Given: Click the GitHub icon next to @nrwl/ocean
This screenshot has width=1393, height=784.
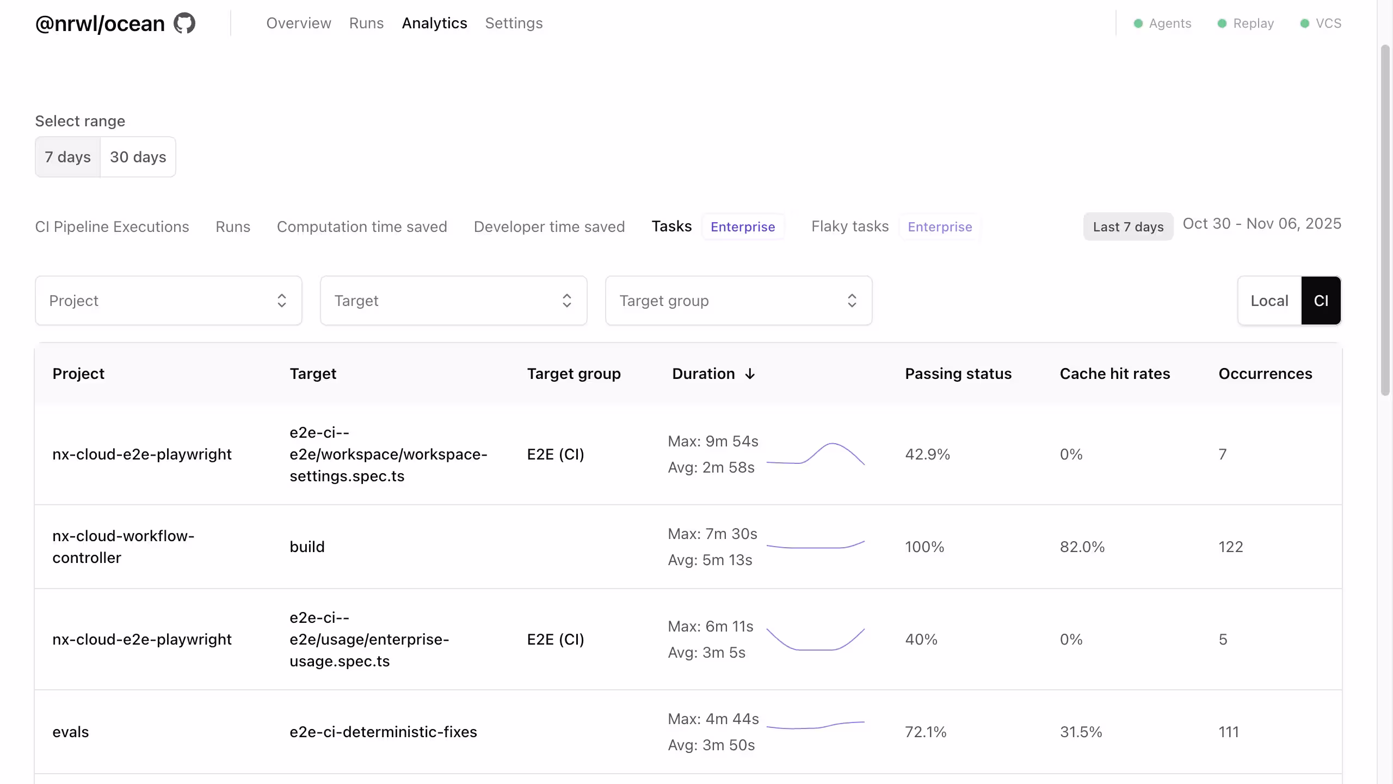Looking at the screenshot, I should tap(184, 23).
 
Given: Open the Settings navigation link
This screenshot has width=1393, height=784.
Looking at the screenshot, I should tap(514, 23).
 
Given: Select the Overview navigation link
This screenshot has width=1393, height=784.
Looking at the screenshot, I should tap(298, 23).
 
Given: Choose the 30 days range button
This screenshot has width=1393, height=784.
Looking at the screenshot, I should tap(138, 157).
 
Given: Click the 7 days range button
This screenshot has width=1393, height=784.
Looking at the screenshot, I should tap(67, 157).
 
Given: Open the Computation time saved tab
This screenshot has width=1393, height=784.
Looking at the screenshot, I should tap(361, 226).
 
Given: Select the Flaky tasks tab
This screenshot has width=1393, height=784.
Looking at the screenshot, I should tap(849, 226).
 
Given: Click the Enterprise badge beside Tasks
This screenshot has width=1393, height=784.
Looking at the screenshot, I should tap(742, 227).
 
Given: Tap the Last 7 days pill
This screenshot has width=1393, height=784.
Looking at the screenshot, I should tap(1128, 227).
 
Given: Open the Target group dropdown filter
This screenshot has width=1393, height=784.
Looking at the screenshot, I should tap(738, 301).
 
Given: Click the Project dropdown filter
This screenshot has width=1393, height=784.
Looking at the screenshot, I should tap(168, 301).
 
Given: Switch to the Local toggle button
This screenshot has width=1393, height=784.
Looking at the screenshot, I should tap(1269, 301).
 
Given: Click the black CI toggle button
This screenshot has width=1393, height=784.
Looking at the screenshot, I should tap(1321, 301).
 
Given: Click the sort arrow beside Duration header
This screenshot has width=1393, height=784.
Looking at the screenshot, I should tap(750, 374).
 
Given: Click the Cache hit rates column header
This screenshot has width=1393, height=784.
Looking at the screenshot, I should tap(1114, 374).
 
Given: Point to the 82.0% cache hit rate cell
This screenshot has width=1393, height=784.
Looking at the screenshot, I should tap(1082, 547).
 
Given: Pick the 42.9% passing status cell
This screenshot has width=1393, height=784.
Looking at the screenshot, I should tap(927, 454).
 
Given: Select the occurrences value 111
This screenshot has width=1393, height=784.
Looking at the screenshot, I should tap(1228, 732).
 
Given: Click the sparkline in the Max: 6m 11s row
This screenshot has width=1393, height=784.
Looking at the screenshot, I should tap(815, 639).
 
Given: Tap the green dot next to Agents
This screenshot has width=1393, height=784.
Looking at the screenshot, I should tap(1138, 23).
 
